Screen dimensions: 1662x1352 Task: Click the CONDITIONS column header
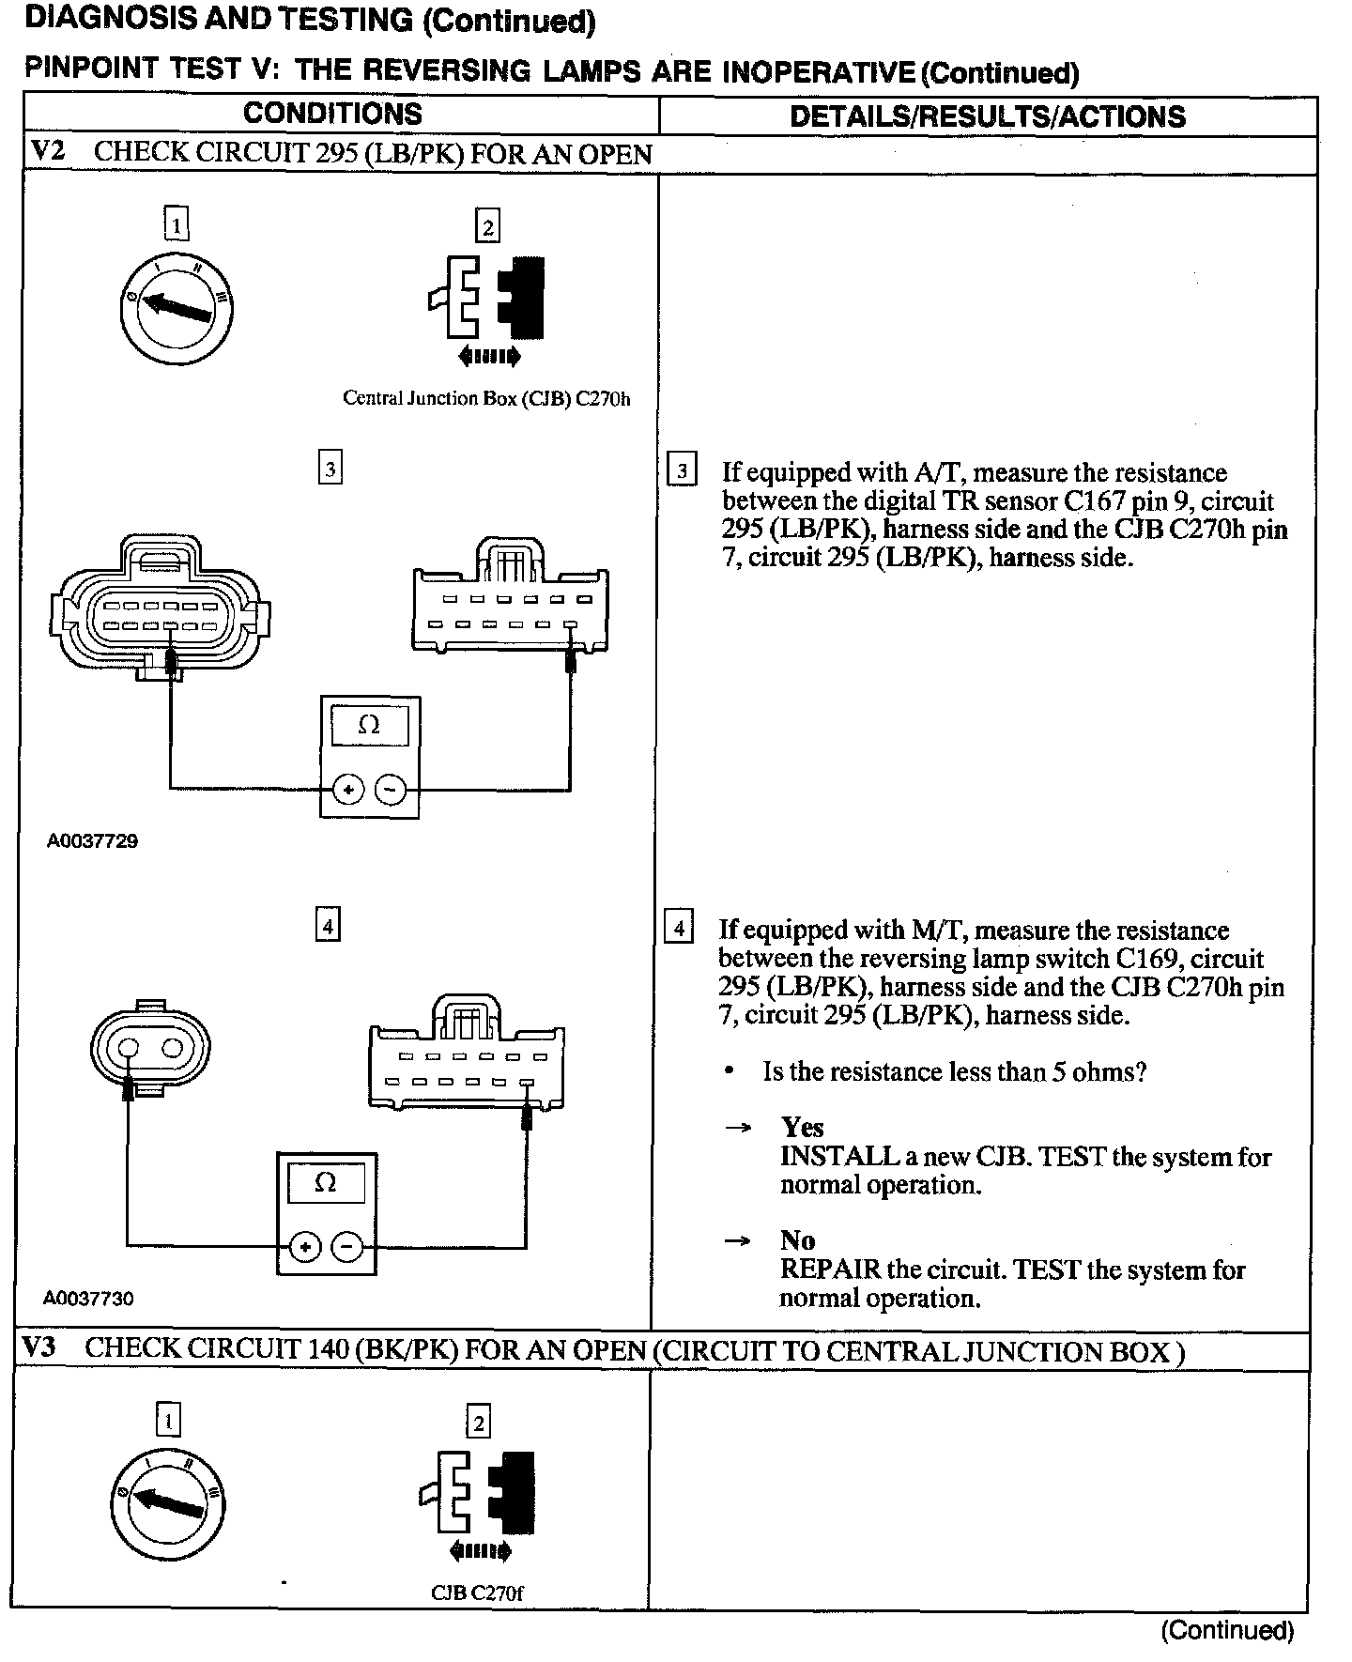click(332, 115)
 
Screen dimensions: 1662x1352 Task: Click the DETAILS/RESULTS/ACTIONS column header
click(987, 116)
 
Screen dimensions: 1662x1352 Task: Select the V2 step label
click(48, 152)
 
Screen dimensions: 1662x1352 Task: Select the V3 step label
click(40, 1348)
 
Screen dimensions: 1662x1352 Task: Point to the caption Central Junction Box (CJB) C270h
click(486, 398)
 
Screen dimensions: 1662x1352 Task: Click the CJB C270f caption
click(477, 1593)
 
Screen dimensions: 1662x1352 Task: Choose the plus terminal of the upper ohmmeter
click(348, 790)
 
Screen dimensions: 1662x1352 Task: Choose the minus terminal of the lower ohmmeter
click(348, 1247)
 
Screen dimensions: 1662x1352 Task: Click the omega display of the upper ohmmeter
click(370, 726)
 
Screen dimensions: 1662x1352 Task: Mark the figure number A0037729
click(92, 841)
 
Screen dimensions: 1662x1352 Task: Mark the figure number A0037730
click(88, 1299)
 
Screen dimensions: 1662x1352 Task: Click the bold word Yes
click(802, 1127)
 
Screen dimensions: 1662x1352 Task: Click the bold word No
click(797, 1240)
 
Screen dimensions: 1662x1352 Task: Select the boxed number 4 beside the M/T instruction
click(679, 929)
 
